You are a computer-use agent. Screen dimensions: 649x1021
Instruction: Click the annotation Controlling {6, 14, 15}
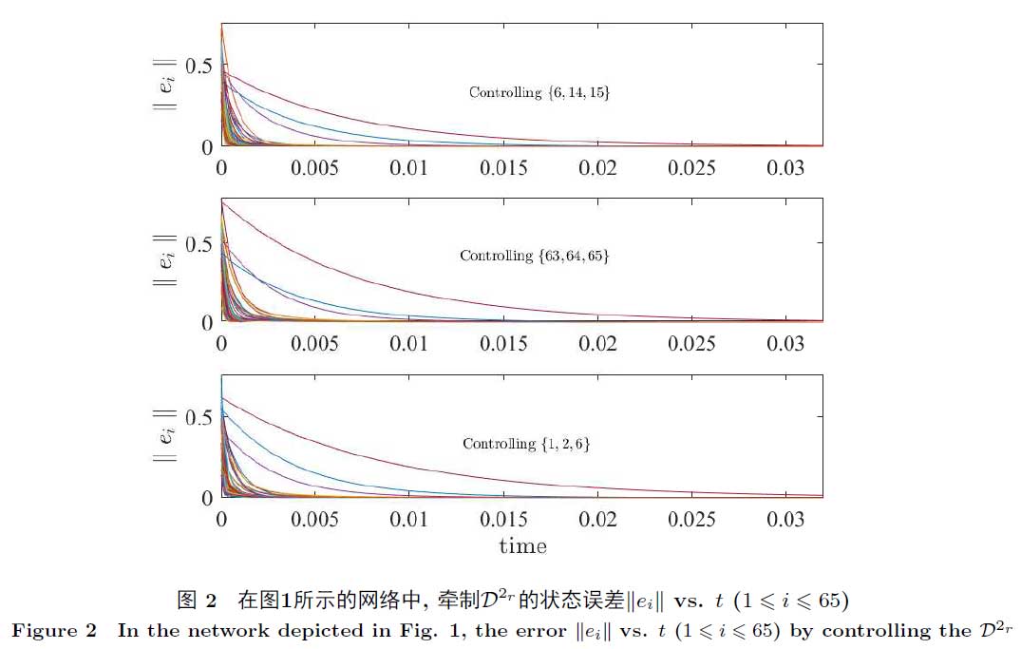point(539,92)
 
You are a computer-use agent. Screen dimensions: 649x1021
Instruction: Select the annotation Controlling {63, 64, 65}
point(534,256)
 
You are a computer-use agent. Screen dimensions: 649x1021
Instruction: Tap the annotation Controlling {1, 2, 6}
point(526,444)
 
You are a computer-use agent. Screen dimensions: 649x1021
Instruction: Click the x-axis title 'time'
point(522,546)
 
